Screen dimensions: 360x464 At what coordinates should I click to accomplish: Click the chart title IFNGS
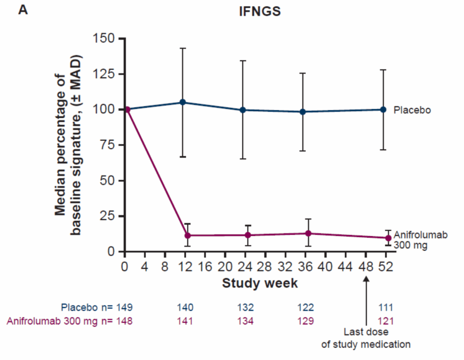(x=260, y=12)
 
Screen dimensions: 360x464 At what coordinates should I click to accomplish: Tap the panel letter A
(x=23, y=10)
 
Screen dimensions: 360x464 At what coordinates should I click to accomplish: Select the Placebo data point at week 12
(x=183, y=102)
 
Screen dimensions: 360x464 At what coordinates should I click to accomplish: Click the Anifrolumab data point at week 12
(x=187, y=235)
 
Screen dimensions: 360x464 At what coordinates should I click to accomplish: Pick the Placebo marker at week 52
(x=383, y=109)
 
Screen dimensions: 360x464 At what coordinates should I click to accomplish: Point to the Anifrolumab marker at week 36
(x=308, y=233)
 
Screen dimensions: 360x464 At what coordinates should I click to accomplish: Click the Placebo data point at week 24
(x=243, y=110)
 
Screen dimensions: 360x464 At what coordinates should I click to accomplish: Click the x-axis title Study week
(x=260, y=283)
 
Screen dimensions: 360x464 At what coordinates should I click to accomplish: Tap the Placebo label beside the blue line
(x=411, y=110)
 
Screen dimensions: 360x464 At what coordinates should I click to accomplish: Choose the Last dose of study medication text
(x=366, y=338)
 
